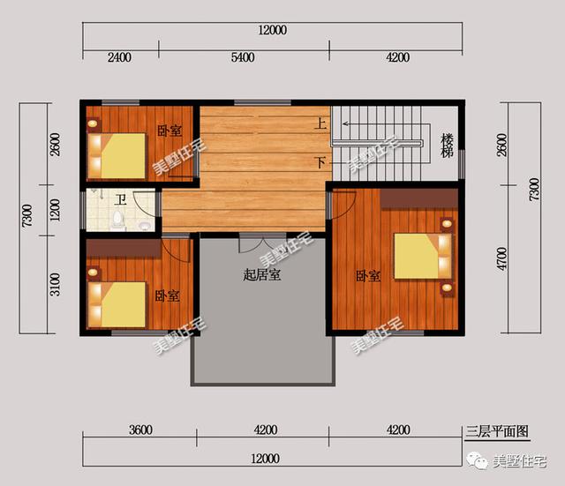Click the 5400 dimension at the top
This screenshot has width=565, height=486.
point(243,57)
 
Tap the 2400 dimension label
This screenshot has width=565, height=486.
point(119,57)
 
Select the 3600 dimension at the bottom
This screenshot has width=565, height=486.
point(141,430)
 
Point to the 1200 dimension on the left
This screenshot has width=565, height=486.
point(55,210)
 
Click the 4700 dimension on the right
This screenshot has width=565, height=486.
point(501,258)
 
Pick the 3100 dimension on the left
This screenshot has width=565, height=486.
point(55,284)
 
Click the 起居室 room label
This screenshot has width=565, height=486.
point(262,275)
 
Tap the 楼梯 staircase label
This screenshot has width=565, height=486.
point(448,146)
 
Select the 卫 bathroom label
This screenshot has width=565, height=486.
point(120,200)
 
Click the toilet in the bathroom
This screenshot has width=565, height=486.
point(117,221)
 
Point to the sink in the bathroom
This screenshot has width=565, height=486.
point(145,226)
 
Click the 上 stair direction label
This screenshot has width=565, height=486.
point(320,123)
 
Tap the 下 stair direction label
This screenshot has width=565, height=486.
point(320,162)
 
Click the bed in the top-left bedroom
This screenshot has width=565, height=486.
point(117,156)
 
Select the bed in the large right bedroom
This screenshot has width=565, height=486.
point(423,256)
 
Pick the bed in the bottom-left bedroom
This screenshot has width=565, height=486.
point(117,304)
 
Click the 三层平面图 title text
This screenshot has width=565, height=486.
point(497,431)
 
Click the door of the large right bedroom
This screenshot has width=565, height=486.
point(343,205)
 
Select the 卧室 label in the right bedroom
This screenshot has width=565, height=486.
point(368,276)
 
